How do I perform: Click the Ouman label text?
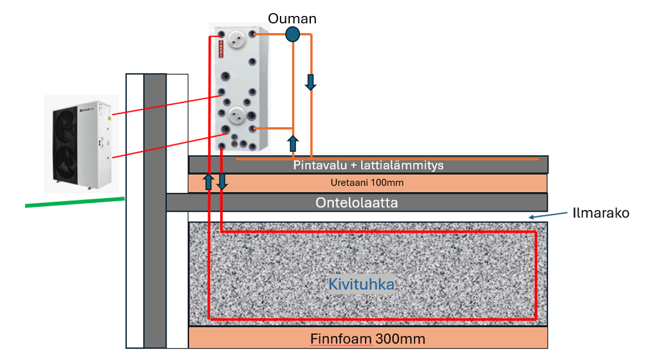(292, 19)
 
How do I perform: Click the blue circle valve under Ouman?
(292, 35)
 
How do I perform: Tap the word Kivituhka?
(362, 284)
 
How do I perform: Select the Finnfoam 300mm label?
(368, 338)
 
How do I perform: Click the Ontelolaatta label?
(357, 203)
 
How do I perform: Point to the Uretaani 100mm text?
(367, 183)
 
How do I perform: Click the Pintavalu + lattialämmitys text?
(368, 165)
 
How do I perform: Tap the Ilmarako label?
(601, 213)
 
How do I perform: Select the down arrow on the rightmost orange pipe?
(310, 82)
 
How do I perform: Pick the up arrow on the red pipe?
(209, 182)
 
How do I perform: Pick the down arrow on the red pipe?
(222, 182)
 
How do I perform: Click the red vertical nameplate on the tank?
(220, 50)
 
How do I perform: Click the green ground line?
(75, 202)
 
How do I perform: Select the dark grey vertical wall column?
(155, 211)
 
